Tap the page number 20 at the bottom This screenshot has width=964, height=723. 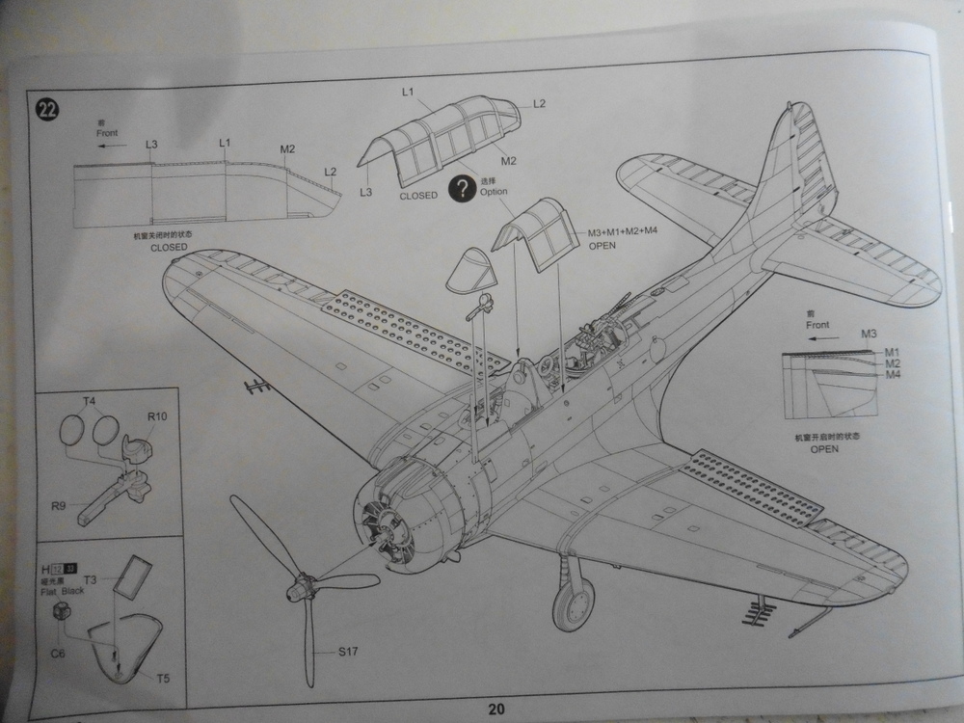[495, 710]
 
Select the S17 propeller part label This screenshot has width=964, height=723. [348, 653]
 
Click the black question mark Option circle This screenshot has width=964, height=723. [466, 186]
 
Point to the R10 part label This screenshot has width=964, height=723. [157, 417]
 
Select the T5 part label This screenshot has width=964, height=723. [163, 679]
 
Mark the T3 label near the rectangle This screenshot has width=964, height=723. [90, 580]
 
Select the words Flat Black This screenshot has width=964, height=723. [63, 590]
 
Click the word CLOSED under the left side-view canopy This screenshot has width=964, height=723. [169, 248]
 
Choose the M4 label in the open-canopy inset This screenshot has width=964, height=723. [892, 374]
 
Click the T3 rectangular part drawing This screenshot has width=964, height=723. [129, 576]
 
